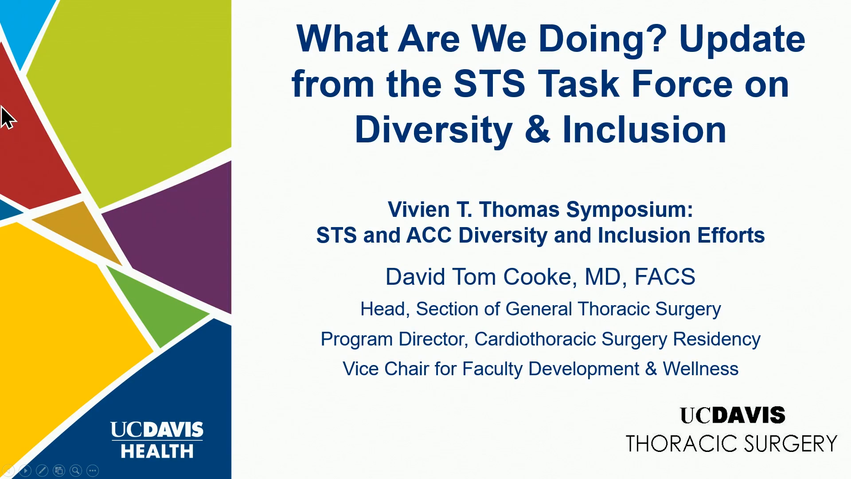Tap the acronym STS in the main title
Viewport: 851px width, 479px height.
coord(490,84)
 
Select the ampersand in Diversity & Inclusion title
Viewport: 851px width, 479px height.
coord(538,130)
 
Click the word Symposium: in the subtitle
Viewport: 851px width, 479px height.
coord(629,210)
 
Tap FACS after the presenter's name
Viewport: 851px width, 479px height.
coord(665,277)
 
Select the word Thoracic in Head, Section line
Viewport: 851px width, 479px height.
coord(613,309)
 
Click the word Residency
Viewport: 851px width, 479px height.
coord(717,339)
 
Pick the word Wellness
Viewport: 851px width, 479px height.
coord(701,369)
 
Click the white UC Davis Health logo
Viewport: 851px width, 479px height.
coord(157,440)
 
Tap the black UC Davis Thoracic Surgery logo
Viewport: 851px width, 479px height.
coord(731,429)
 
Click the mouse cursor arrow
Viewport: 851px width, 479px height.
coord(8,118)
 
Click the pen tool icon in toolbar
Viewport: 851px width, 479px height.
coord(42,470)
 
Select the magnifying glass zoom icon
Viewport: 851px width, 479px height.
coord(76,470)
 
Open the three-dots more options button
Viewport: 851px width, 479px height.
coord(93,470)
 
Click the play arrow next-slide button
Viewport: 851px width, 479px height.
coord(25,470)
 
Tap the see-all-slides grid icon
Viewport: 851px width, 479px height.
coord(59,470)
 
